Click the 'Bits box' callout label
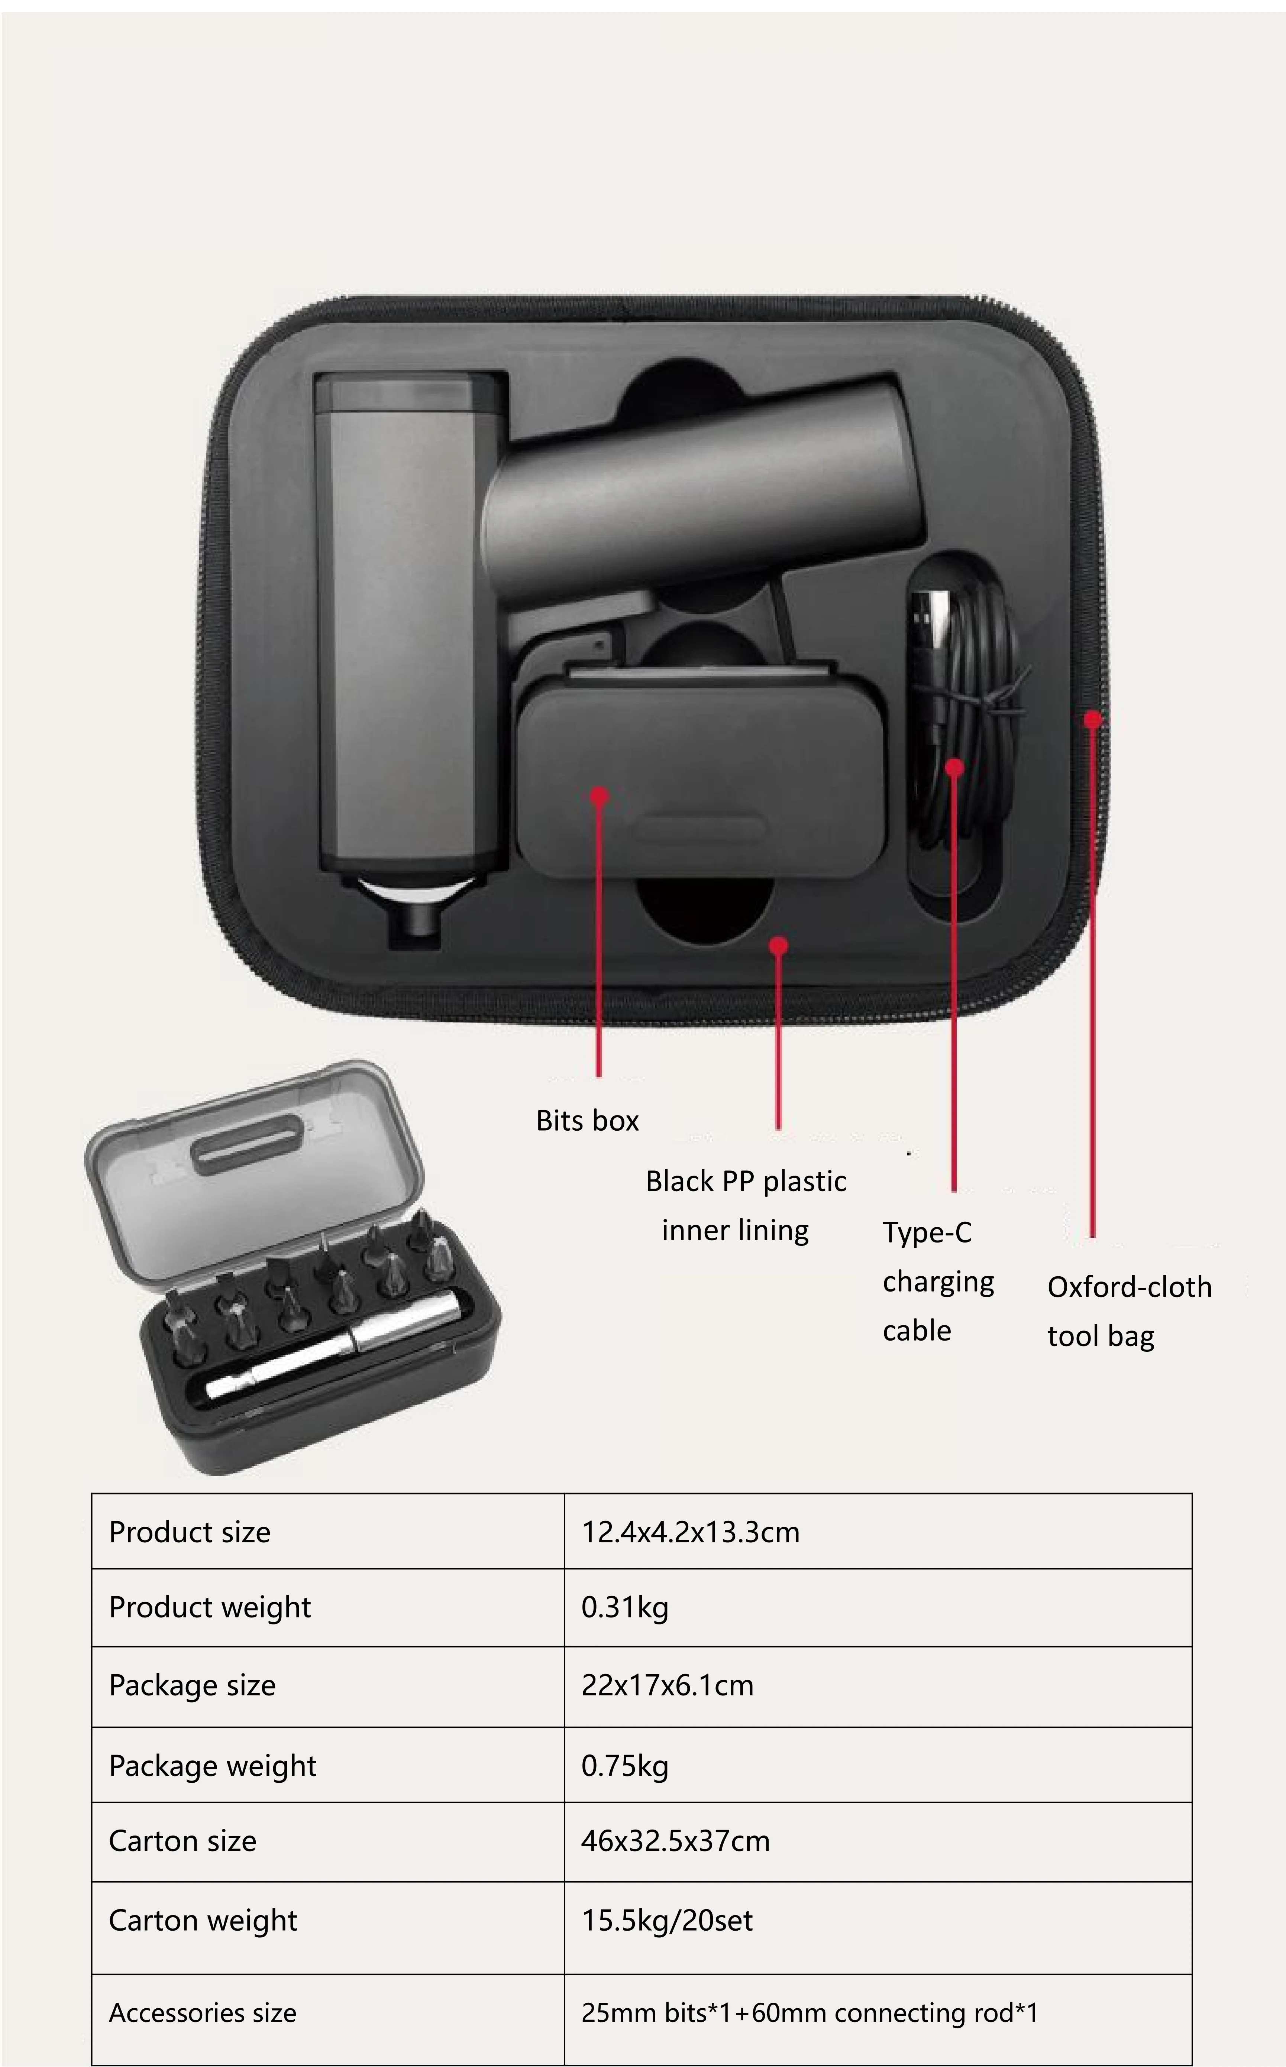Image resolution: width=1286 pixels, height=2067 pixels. [x=587, y=1121]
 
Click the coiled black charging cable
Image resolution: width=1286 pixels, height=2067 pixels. [x=970, y=723]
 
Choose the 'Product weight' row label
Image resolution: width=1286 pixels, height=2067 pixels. [x=209, y=1607]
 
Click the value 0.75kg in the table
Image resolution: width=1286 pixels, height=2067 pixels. [x=624, y=1766]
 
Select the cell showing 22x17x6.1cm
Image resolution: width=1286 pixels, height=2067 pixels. [x=667, y=1685]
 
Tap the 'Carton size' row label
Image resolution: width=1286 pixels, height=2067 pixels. [x=182, y=1841]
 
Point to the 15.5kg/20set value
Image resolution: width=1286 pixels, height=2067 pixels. [x=667, y=1920]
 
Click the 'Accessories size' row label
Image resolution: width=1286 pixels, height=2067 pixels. [x=203, y=2013]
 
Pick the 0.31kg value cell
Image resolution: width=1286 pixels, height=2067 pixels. [x=624, y=1607]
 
